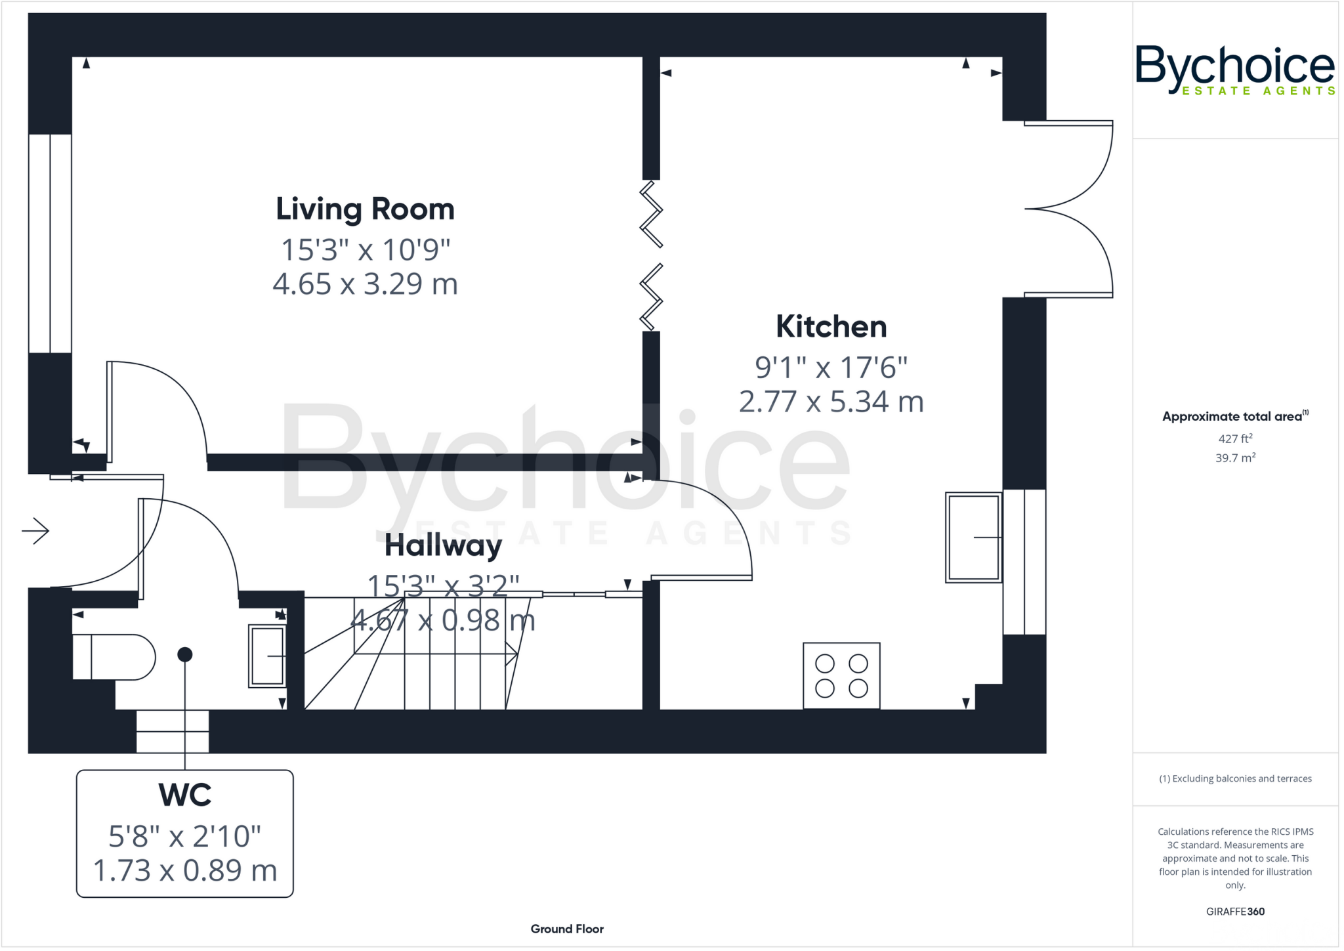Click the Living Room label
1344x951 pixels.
tap(365, 209)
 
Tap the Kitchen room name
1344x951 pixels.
tap(831, 327)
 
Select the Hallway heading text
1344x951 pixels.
tap(443, 545)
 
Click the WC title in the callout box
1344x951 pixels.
tap(184, 795)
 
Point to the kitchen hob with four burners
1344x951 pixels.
tap(841, 676)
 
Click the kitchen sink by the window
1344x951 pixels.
tap(973, 538)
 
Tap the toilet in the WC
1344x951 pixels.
tap(113, 657)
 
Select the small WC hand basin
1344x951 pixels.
tap(267, 656)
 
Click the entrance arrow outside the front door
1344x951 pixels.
tap(35, 530)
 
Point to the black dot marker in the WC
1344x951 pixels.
tap(185, 654)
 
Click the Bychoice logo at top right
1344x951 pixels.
tap(1234, 70)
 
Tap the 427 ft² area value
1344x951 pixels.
tap(1235, 438)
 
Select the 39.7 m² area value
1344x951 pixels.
tap(1235, 457)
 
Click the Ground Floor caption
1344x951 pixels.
tap(567, 929)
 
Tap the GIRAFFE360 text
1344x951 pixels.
tap(1235, 911)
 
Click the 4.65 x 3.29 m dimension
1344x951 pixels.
tap(365, 284)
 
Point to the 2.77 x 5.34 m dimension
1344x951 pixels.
tap(831, 402)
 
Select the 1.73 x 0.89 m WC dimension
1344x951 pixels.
tap(184, 871)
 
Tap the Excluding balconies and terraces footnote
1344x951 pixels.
tap(1235, 778)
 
